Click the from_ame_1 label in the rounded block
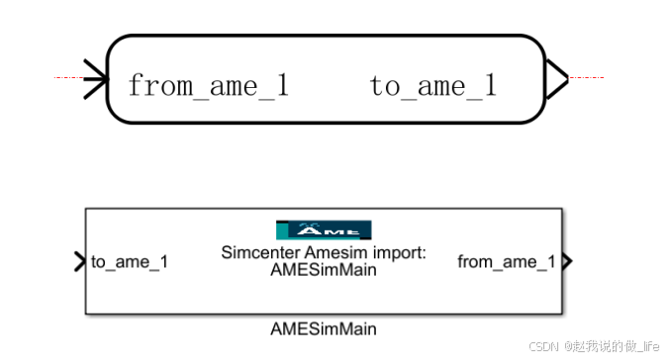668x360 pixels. [x=208, y=86]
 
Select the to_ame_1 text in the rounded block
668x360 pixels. [x=433, y=86]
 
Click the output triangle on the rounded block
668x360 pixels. [x=555, y=77]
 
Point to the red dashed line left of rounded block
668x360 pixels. [x=69, y=77]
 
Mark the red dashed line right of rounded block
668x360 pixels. [x=586, y=77]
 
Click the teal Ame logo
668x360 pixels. [x=324, y=230]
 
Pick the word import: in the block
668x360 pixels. [x=400, y=253]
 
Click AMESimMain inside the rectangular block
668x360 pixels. [x=324, y=271]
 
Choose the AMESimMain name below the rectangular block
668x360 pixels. [x=324, y=328]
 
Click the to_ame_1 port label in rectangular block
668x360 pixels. [x=130, y=262]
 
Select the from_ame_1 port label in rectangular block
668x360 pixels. [x=507, y=262]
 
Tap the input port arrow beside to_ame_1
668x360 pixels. [x=79, y=262]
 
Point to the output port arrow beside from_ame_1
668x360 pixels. [x=566, y=262]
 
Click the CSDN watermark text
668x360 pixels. [x=544, y=346]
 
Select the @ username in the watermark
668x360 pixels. [x=613, y=346]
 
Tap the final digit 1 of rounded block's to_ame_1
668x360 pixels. [x=489, y=86]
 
